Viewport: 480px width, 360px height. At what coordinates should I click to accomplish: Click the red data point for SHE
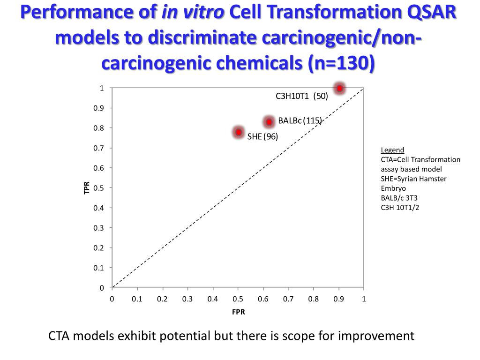point(239,132)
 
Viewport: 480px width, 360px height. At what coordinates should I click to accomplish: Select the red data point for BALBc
point(269,122)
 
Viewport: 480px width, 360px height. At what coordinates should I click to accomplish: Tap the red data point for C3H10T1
point(339,88)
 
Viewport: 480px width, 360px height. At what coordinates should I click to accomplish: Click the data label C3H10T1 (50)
point(301,96)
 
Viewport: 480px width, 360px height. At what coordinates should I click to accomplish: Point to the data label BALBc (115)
point(300,120)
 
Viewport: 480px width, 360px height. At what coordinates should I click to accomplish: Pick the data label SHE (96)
point(262,136)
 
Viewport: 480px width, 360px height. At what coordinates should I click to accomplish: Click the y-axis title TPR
point(86,188)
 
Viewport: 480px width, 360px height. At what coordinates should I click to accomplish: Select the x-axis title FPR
point(238,312)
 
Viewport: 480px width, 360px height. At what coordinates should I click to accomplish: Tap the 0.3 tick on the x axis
point(187,299)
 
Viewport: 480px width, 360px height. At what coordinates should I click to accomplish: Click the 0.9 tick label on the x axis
point(338,299)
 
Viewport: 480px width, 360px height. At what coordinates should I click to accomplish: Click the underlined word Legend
point(392,150)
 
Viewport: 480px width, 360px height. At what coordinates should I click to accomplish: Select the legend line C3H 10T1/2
point(400,207)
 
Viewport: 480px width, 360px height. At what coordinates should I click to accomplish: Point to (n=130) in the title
point(341,63)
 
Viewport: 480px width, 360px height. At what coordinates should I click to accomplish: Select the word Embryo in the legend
point(393,188)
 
